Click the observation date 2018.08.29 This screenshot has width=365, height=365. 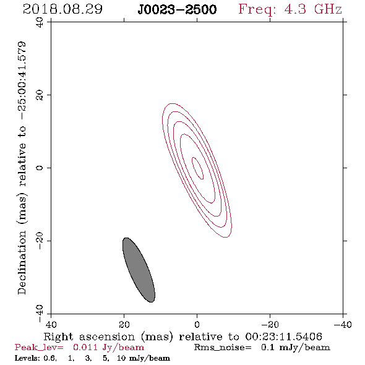coord(62,9)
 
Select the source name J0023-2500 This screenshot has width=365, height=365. coord(177,9)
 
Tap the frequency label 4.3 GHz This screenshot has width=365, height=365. coord(312,9)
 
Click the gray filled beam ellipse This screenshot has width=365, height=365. coord(139,270)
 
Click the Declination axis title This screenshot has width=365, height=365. coord(22,168)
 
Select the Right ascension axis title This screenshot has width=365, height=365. coord(183,337)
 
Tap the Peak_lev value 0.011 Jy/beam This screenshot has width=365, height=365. coord(108,347)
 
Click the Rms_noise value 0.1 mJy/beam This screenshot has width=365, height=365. coord(295,347)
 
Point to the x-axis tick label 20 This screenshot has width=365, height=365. coord(124,325)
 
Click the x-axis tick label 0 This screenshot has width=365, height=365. coord(197,325)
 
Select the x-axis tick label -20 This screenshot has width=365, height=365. coord(270,325)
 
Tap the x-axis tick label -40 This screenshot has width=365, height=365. coord(343,325)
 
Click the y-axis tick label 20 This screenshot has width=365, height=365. coord(40,95)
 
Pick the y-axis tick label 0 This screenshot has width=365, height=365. coord(40,168)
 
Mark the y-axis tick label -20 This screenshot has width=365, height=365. coord(40,241)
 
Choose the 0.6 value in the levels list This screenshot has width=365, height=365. coord(50,358)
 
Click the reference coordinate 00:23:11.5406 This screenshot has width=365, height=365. coord(284,337)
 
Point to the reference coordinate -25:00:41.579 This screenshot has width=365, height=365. coord(22,80)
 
